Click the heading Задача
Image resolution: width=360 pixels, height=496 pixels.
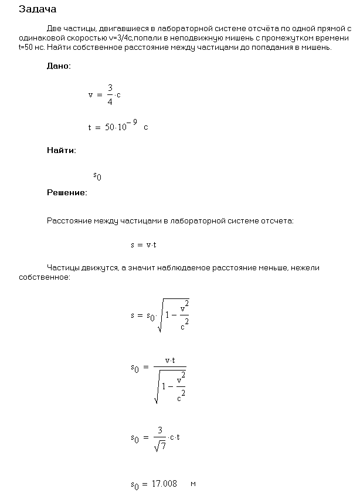pyautogui.click(x=38, y=9)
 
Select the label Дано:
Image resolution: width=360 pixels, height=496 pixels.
pyautogui.click(x=59, y=66)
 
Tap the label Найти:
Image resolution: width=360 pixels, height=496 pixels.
pyautogui.click(x=61, y=151)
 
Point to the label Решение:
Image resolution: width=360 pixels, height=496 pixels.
pyautogui.click(x=67, y=192)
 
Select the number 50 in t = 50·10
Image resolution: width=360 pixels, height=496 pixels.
pyautogui.click(x=109, y=127)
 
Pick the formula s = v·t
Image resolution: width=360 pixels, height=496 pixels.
pyautogui.click(x=143, y=244)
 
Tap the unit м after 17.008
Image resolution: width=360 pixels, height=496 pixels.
pyautogui.click(x=193, y=484)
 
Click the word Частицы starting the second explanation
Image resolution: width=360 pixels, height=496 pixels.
pyautogui.click(x=63, y=267)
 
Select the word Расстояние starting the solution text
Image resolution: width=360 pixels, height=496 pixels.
pyautogui.click(x=67, y=221)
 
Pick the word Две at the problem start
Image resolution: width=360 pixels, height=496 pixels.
pyautogui.click(x=54, y=28)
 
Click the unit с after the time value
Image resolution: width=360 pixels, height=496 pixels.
pyautogui.click(x=145, y=127)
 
